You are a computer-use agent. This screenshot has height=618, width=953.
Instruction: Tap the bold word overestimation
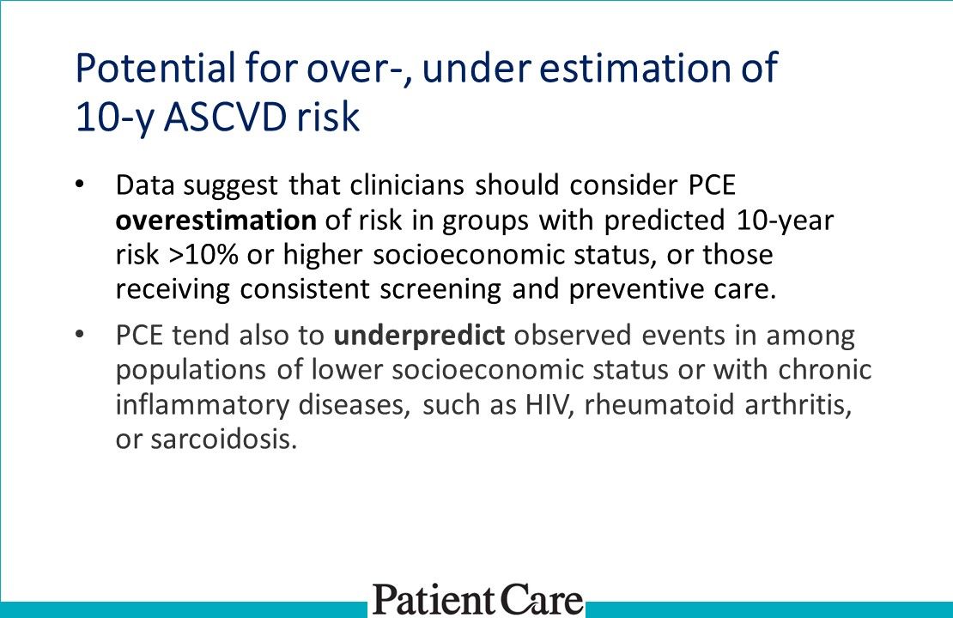(216, 221)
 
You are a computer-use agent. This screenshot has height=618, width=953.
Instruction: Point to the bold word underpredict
(419, 336)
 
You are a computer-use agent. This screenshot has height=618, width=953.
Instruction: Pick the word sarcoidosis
(227, 439)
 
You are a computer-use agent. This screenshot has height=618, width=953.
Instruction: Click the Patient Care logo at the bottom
(477, 598)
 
